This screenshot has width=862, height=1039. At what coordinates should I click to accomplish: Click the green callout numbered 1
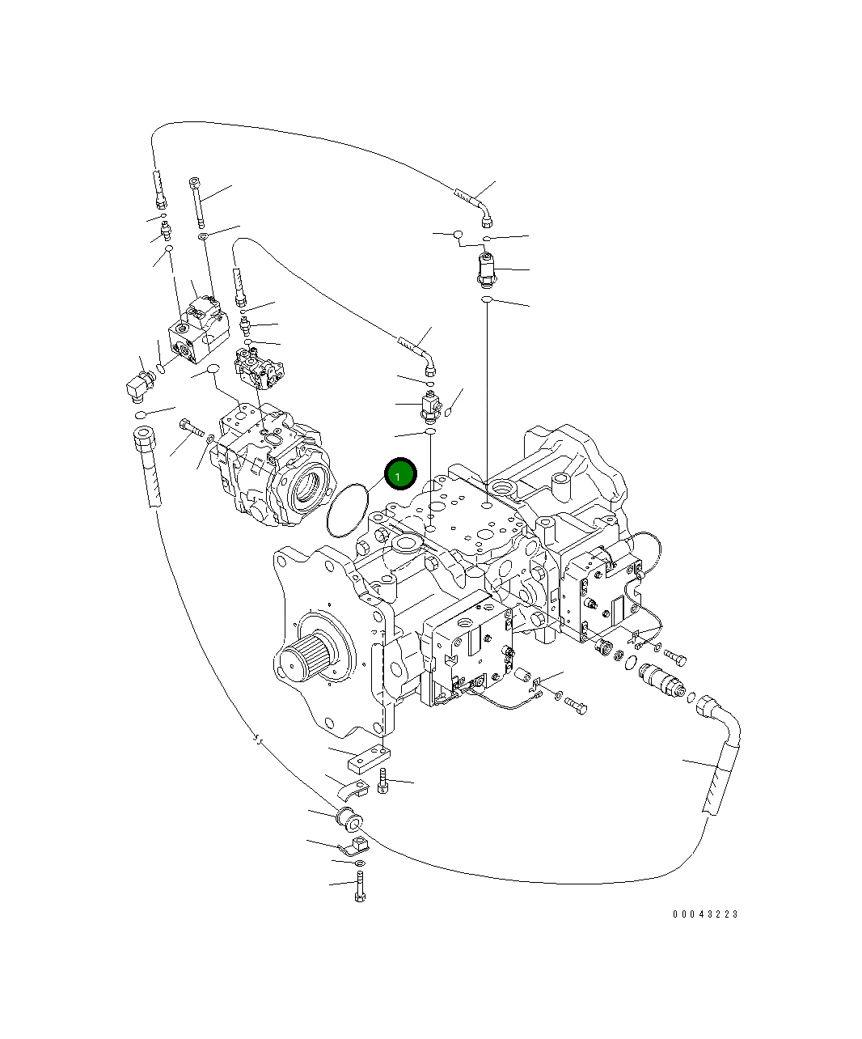coord(399,475)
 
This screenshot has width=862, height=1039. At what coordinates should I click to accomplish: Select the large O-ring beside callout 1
coord(349,510)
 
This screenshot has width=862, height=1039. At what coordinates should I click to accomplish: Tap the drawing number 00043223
coord(705,914)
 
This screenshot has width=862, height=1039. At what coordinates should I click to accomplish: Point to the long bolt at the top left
coord(196,202)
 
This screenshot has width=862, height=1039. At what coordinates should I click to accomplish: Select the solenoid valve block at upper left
coord(196,332)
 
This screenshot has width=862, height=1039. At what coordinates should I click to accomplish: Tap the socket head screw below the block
coord(383,782)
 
